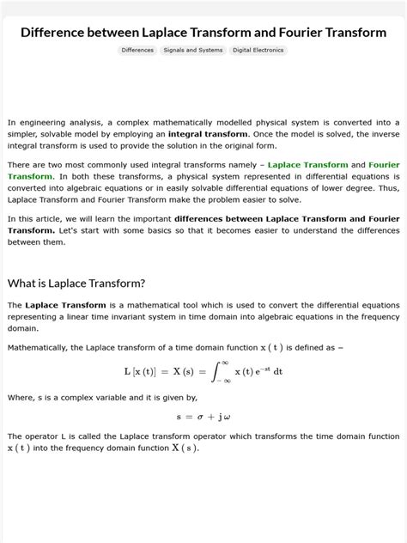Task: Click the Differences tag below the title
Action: (137, 51)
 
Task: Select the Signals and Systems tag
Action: (192, 51)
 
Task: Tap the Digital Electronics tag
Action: (258, 51)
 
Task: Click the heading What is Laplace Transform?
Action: (76, 283)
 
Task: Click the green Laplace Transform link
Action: (307, 165)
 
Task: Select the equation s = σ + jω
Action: (203, 417)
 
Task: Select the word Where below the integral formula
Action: (21, 397)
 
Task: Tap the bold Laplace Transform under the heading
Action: (65, 305)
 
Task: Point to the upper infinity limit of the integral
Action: (225, 363)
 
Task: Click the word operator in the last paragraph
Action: (41, 436)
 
